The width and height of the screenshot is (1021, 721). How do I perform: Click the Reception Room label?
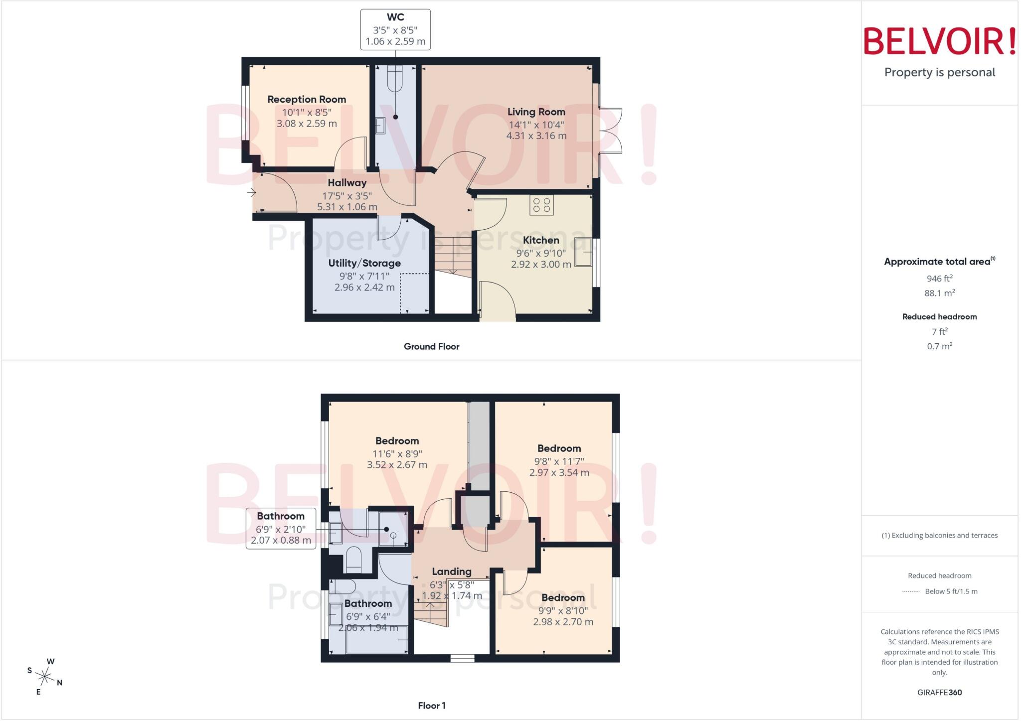point(307,99)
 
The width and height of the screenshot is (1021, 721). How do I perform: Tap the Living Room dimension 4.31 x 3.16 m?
point(536,136)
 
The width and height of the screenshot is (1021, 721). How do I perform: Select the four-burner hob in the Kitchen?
point(541,205)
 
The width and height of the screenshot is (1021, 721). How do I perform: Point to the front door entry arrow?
point(252,192)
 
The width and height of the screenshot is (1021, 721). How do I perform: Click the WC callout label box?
point(395,29)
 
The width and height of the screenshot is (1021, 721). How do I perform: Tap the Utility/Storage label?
point(364,263)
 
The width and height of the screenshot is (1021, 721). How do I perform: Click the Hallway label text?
point(347,183)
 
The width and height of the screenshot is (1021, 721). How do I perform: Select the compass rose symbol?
point(45,676)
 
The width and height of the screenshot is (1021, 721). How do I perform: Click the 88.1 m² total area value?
point(940,293)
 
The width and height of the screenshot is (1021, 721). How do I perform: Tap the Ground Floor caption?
point(432,346)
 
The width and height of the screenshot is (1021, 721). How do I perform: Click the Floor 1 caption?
point(432,706)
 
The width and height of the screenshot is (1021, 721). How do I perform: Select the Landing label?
point(452,572)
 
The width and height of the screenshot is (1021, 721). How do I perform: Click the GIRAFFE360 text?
point(940,692)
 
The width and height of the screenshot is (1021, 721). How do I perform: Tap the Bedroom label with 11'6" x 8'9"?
point(397,441)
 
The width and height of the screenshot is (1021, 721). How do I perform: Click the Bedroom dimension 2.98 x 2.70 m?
point(563,622)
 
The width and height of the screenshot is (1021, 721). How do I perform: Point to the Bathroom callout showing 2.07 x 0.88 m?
point(281,529)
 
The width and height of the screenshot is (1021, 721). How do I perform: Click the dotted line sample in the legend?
point(911,592)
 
